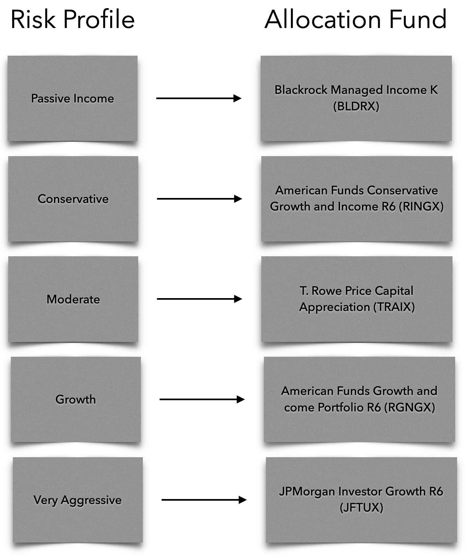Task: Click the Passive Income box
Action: [x=72, y=98]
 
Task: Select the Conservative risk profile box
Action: [x=73, y=199]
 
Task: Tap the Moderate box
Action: [x=73, y=299]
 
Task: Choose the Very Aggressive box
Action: [x=78, y=500]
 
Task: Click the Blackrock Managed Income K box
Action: [x=356, y=98]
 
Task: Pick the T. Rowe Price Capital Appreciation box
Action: [x=357, y=299]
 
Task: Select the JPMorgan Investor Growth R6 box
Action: [x=361, y=500]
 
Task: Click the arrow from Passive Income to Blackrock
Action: [x=199, y=98]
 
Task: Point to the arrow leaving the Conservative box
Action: [x=199, y=199]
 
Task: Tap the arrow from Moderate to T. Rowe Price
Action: [x=199, y=299]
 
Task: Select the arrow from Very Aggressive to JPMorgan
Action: [x=204, y=500]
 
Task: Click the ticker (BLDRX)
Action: [x=356, y=106]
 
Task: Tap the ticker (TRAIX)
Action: [x=394, y=307]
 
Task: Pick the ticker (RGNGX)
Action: [x=411, y=407]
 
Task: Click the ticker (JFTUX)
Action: [x=361, y=508]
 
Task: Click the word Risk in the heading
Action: [x=33, y=20]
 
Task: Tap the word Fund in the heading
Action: [x=418, y=20]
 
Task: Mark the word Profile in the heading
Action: [x=99, y=20]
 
